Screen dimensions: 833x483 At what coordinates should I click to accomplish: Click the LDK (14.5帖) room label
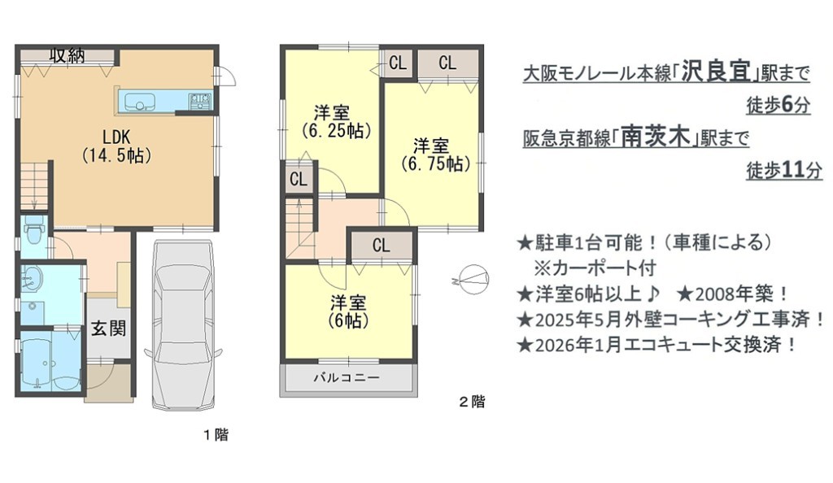coord(116,146)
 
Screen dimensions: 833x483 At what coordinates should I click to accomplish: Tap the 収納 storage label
coord(68,55)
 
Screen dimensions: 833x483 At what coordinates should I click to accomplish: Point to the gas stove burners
coord(200,101)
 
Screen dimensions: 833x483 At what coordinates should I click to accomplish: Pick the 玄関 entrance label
coord(108,328)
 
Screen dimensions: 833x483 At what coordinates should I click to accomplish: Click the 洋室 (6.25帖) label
coord(334,121)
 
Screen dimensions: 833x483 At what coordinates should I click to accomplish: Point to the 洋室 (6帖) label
coord(348,311)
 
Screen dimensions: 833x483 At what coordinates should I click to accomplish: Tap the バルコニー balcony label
coord(347,377)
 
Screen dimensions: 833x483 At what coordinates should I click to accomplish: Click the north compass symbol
coord(472,279)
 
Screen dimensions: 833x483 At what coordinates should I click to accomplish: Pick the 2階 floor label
coord(472,402)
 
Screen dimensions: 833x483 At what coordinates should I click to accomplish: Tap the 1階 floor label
coord(216,435)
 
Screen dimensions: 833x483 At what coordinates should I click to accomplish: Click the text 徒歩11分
coord(783,171)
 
